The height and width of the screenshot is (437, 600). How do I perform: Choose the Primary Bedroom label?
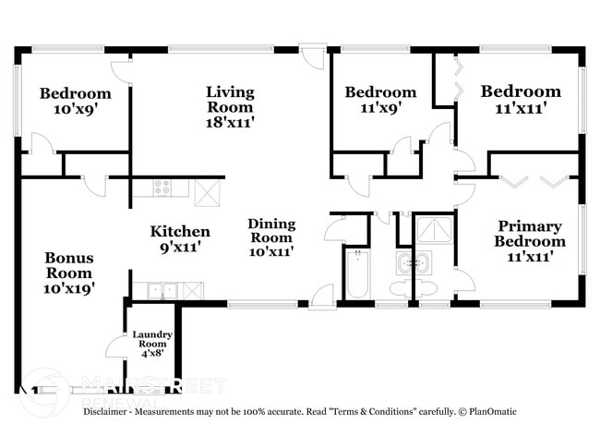[531, 234]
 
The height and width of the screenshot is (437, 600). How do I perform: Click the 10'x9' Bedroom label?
[75, 93]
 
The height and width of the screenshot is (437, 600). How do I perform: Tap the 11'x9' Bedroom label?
[380, 92]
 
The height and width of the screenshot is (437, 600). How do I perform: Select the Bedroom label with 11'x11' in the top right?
[521, 91]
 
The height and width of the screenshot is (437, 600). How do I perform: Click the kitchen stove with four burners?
[163, 188]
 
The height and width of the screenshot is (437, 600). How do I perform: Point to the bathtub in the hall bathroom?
[356, 274]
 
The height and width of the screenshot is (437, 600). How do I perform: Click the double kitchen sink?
[164, 290]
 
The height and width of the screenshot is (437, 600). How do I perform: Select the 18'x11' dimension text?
[230, 121]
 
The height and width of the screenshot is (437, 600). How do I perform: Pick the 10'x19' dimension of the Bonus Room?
[69, 287]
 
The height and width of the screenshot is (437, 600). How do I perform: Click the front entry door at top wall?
[314, 53]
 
